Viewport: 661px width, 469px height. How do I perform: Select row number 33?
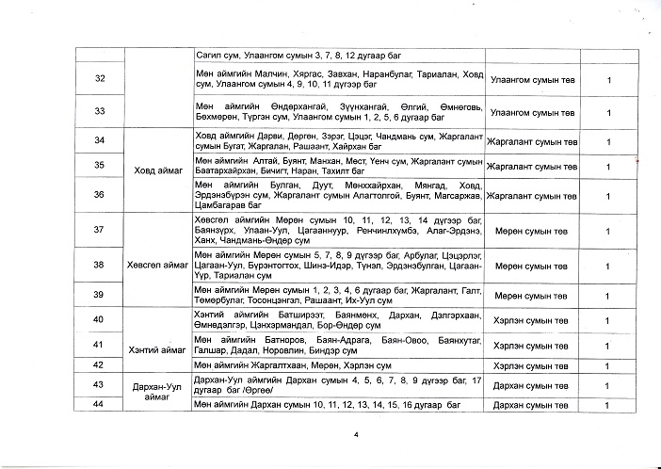100,111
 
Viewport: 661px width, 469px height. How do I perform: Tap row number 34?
100,142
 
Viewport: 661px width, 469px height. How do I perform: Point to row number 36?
100,196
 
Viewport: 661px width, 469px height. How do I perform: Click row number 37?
100,231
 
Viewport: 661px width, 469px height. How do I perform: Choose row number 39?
100,296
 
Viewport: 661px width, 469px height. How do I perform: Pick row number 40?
100,319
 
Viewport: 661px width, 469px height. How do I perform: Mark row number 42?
100,365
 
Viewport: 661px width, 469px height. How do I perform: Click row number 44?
100,405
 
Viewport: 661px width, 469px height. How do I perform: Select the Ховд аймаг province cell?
158,170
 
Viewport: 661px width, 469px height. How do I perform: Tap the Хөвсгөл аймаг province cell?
158,265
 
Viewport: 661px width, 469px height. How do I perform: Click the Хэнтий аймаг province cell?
158,349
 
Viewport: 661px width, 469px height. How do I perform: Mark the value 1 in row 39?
608,296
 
